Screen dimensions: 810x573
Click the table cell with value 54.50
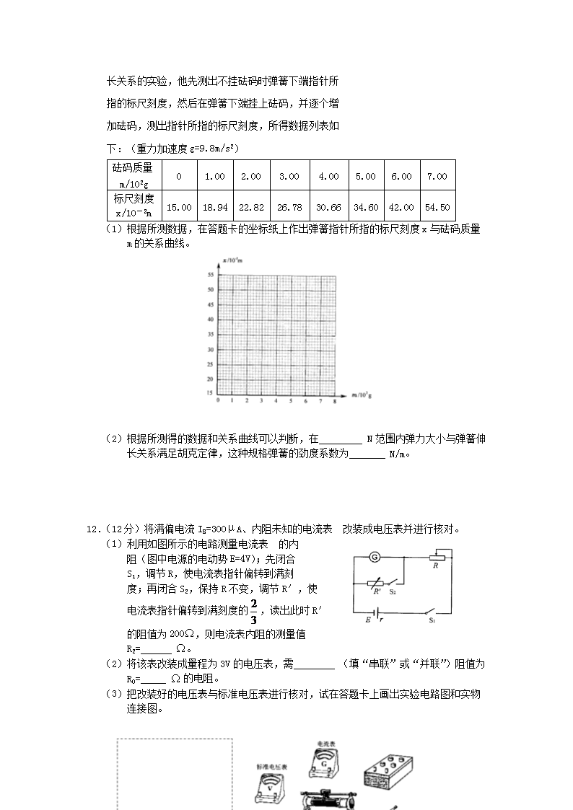[437, 207]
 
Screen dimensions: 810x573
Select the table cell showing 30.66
[328, 207]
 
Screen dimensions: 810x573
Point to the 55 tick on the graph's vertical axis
[209, 275]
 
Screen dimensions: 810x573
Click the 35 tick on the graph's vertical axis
[209, 335]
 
